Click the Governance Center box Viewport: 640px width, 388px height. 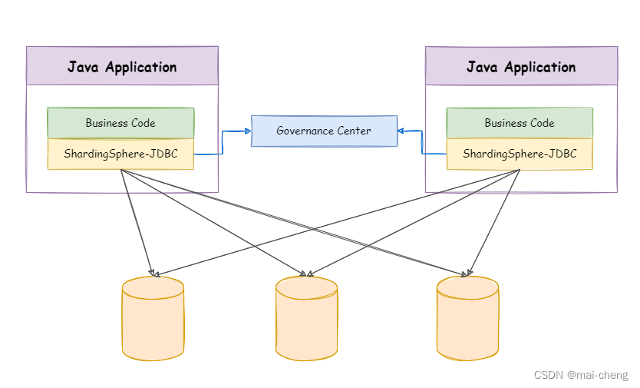coord(324,131)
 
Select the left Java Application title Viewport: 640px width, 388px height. coord(122,66)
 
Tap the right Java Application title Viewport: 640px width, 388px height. coord(521,67)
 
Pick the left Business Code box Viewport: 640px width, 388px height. coord(120,123)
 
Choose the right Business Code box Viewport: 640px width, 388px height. coord(520,123)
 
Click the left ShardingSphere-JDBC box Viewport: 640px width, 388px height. coord(120,154)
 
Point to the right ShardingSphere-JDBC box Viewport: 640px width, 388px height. coord(520,154)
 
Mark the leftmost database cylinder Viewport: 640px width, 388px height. coord(153,320)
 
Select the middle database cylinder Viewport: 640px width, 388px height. coord(306,320)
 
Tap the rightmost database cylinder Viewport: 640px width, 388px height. coord(467,320)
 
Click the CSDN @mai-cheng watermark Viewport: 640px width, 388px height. coord(580,375)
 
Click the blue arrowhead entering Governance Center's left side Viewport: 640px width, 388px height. coord(248,131)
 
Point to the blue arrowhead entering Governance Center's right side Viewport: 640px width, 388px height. coord(401,131)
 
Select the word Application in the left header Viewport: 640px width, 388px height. coord(141,67)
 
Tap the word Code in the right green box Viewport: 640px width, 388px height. coord(541,123)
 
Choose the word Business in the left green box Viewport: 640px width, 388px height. coord(107,123)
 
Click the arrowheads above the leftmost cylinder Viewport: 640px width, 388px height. coord(153,273)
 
